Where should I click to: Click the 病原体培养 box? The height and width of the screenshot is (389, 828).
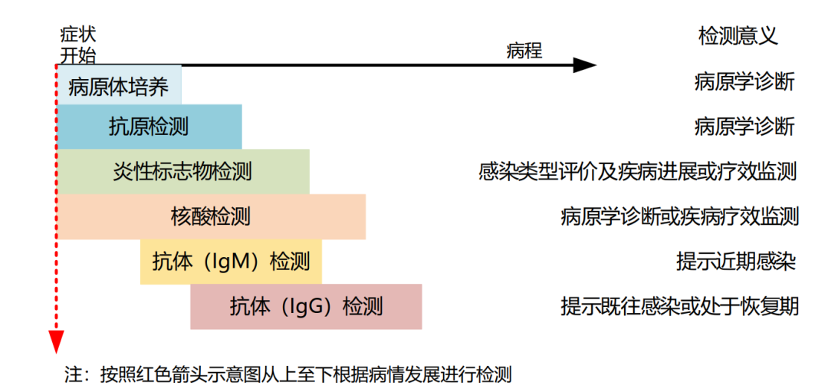(x=119, y=85)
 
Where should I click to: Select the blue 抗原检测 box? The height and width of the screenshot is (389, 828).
(x=149, y=127)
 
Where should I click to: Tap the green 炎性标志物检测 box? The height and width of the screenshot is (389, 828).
(x=182, y=172)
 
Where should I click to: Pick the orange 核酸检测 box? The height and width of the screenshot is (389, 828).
(x=211, y=216)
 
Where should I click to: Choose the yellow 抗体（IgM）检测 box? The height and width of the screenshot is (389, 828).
(x=231, y=262)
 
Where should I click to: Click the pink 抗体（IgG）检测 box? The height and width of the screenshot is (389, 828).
(x=306, y=307)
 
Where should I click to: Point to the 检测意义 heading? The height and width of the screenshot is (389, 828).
(x=738, y=37)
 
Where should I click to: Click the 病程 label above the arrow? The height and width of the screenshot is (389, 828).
(x=524, y=51)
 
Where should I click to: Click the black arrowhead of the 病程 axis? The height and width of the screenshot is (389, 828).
(x=585, y=65)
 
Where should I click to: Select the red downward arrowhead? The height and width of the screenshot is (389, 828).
(x=56, y=341)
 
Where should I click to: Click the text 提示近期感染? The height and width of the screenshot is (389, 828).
(x=735, y=262)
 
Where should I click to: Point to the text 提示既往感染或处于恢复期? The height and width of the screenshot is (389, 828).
(x=679, y=307)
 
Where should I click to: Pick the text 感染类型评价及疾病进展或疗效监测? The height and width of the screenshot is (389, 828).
(x=637, y=172)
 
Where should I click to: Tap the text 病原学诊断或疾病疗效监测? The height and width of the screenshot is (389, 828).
(x=679, y=216)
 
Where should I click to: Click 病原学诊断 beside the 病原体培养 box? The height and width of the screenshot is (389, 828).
(x=744, y=83)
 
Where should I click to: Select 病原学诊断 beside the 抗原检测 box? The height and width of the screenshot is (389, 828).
(x=744, y=127)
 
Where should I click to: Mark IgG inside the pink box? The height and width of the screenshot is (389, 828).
(x=304, y=307)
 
